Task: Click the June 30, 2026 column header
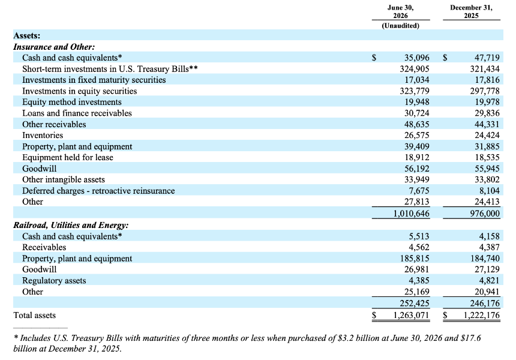(x=400, y=11)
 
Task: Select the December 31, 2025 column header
(x=471, y=11)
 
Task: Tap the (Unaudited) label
(x=400, y=26)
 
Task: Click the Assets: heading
(x=26, y=35)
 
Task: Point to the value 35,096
(x=416, y=58)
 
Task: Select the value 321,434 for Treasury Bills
(x=484, y=69)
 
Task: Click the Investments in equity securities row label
(x=79, y=91)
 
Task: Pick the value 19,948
(x=416, y=102)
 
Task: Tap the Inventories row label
(x=43, y=135)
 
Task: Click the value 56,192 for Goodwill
(x=416, y=169)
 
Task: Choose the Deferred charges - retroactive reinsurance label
(x=98, y=191)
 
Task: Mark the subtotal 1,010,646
(x=412, y=214)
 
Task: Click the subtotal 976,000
(x=484, y=214)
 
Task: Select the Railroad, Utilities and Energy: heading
(x=71, y=225)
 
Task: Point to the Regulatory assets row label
(x=54, y=281)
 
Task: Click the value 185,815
(x=415, y=259)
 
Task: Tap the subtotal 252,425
(x=415, y=303)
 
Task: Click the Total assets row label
(x=35, y=315)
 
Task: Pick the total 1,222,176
(x=481, y=315)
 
